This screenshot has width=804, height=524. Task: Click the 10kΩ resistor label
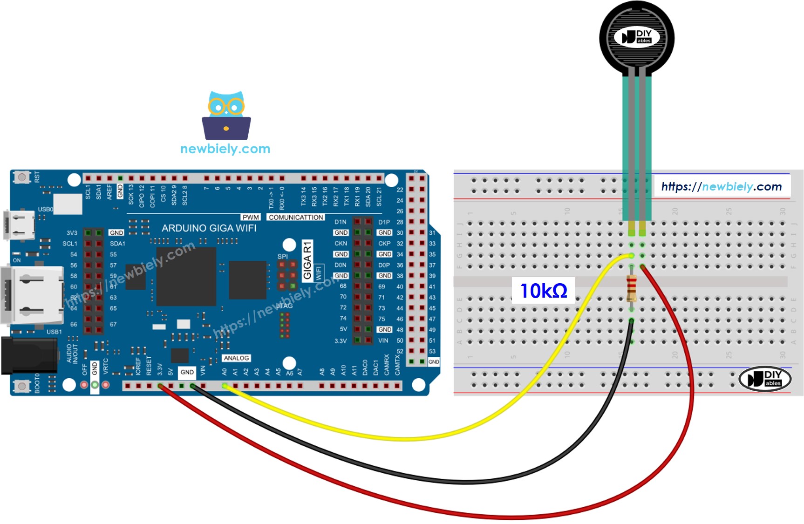tap(543, 291)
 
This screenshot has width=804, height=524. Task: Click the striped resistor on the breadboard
tap(631, 288)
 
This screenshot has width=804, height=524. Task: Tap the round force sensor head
tap(637, 37)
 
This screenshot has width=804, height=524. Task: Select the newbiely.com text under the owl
tap(225, 149)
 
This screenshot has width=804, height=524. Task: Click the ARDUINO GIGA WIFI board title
tap(209, 228)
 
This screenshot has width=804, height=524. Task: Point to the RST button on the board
tap(21, 177)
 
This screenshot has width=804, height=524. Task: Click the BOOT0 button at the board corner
tap(21, 386)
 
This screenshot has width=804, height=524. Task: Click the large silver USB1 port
tap(33, 295)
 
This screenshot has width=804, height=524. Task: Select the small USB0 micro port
tap(20, 225)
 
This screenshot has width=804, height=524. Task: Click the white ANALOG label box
tap(236, 358)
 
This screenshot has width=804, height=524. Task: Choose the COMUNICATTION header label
tap(296, 218)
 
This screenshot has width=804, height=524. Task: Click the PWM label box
tap(251, 218)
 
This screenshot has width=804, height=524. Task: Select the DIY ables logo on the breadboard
tap(765, 379)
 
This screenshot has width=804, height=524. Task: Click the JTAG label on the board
tap(284, 306)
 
